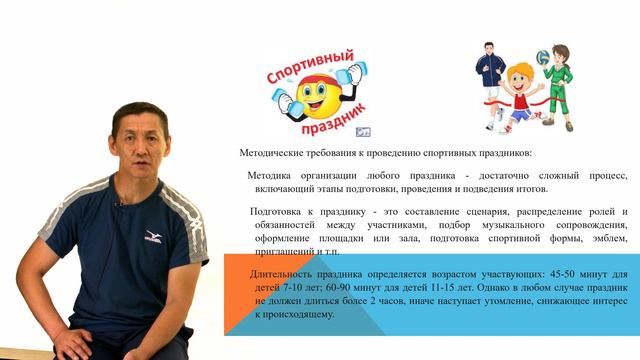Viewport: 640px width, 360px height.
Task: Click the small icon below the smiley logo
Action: click(363, 130)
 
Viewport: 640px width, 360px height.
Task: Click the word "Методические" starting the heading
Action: click(271, 153)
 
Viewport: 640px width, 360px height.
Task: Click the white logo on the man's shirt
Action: click(152, 236)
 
